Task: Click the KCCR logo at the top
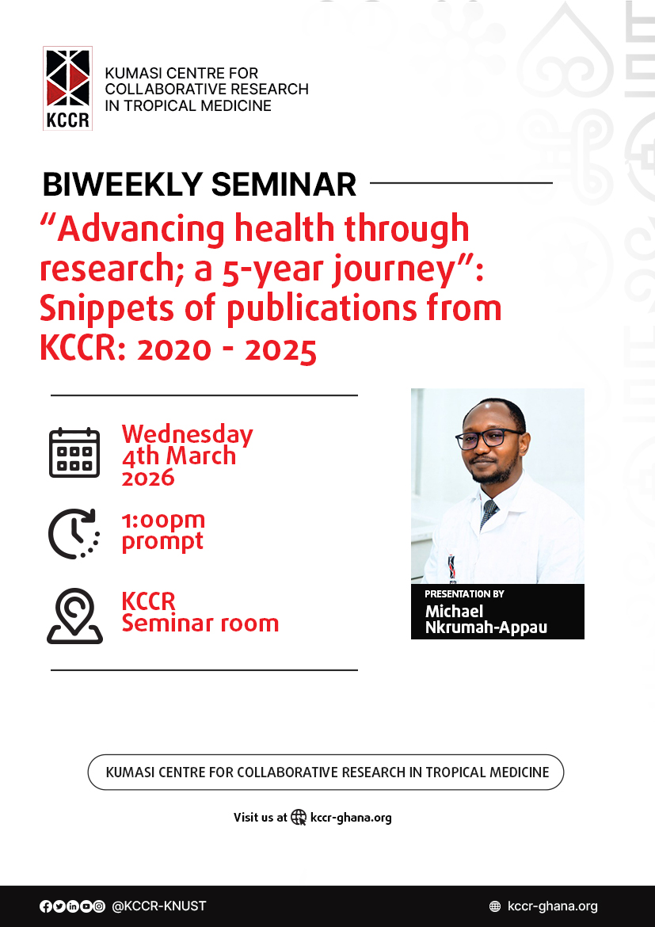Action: point(67,88)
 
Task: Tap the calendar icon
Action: point(74,453)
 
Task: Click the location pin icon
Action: point(74,616)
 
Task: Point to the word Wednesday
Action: point(187,434)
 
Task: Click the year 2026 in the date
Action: point(148,477)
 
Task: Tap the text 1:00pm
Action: point(163,521)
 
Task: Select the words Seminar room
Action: point(200,624)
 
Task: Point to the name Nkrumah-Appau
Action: point(486,628)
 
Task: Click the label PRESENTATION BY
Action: point(464,594)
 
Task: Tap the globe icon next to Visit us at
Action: point(299,818)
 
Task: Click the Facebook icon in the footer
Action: point(45,906)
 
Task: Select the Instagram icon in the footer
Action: point(99,906)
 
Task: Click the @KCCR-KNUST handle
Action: point(158,906)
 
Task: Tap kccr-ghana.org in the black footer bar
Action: point(552,906)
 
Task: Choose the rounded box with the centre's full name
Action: point(326,772)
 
